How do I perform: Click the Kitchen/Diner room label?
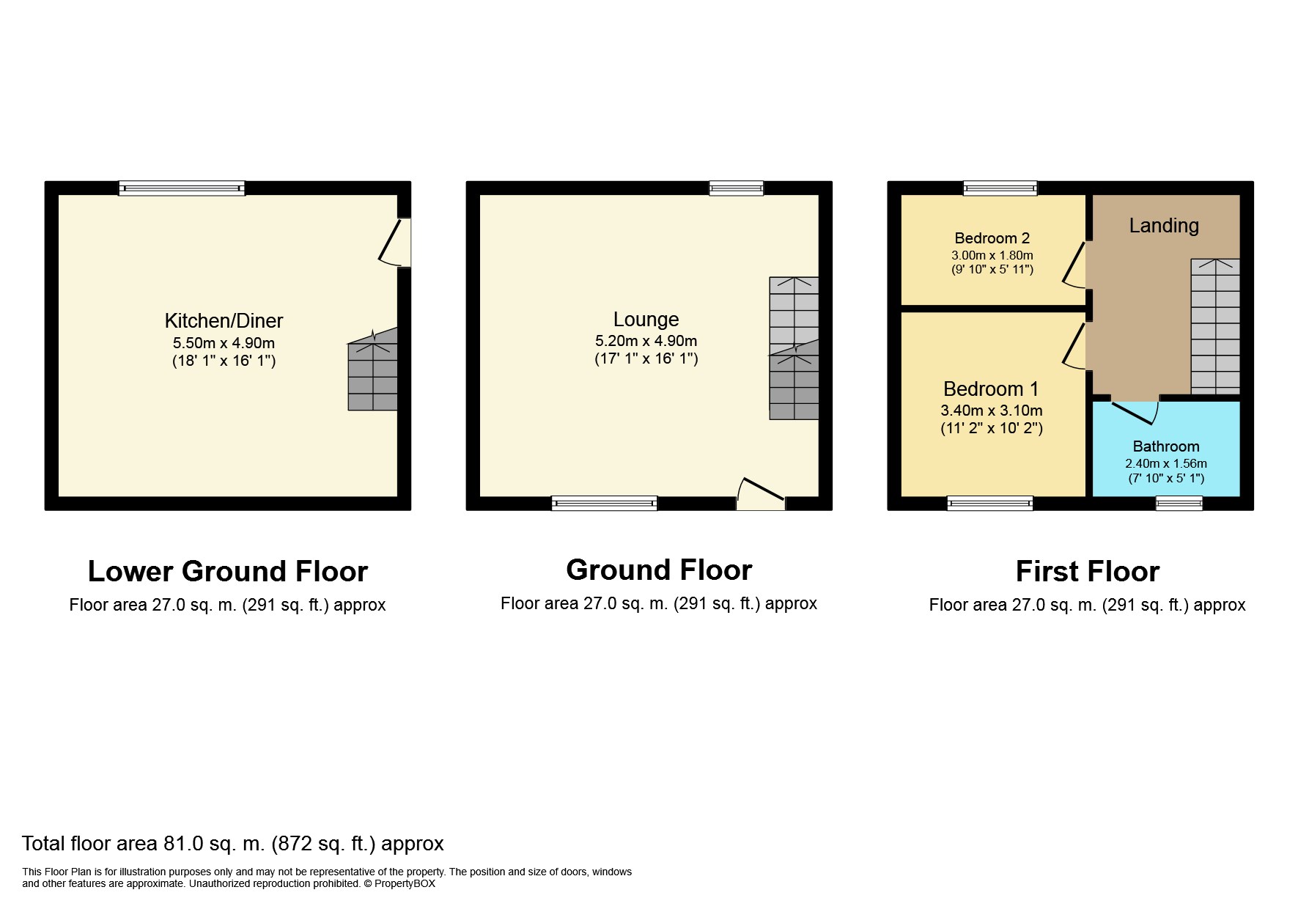pos(224,321)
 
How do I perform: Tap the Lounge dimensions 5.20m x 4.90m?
pos(646,341)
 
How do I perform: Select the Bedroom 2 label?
pos(992,238)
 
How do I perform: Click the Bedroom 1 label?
pos(991,389)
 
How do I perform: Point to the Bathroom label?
pos(1165,446)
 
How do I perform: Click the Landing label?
pos(1164,226)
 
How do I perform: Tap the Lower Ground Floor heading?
pos(228,572)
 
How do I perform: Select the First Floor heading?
pos(1088,572)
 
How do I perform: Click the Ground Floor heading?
pos(659,570)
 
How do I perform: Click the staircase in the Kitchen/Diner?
pos(372,369)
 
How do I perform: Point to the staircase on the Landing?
pos(1215,326)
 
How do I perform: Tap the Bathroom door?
pos(1135,411)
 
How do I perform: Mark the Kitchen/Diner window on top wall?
pos(182,188)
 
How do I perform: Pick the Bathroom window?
pos(1179,503)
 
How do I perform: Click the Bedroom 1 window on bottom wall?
pos(990,503)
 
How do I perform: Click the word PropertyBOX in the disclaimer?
pos(405,884)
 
